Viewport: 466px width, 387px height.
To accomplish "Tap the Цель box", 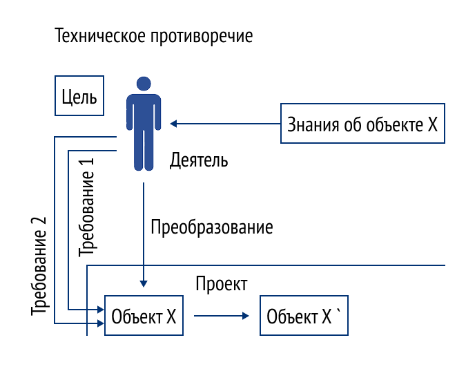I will tap(79, 96).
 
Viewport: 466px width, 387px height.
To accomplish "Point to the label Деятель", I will tap(199, 161).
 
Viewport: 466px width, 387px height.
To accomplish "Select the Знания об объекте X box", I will tap(362, 124).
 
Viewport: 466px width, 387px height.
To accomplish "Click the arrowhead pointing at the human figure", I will tap(175, 124).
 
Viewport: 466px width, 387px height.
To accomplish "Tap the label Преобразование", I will tap(212, 226).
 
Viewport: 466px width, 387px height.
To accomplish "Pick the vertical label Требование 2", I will tap(40, 266).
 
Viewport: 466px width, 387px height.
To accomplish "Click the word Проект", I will tap(221, 284).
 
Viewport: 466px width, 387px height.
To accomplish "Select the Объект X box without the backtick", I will tap(144, 317).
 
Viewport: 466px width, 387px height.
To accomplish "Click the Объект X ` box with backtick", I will tap(304, 317).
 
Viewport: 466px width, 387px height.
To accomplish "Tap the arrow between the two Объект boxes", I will tap(221, 317).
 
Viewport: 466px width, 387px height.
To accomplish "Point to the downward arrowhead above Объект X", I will tap(143, 282).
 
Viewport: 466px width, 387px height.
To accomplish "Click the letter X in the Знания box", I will tap(432, 124).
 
